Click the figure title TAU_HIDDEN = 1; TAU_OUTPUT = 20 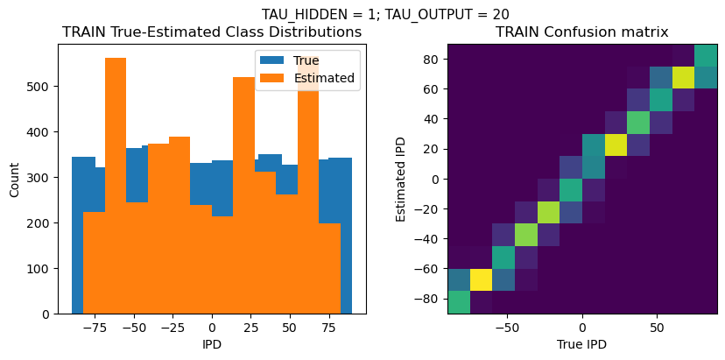click(385, 14)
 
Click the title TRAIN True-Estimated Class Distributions click(212, 32)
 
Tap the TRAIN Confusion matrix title click(581, 32)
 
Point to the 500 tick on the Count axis click(37, 87)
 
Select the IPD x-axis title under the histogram click(212, 345)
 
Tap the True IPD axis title click(581, 345)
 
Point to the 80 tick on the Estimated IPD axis click(429, 59)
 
